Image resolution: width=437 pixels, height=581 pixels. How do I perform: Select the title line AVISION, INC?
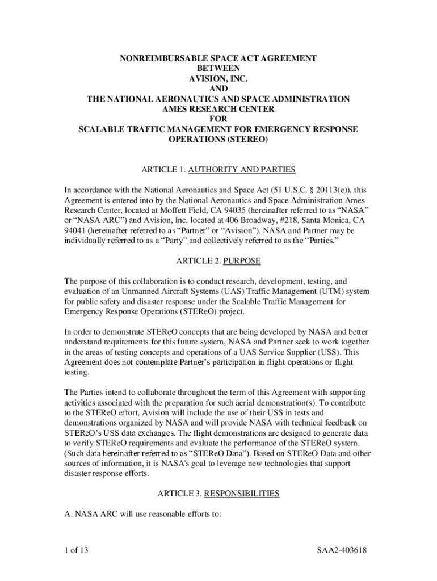[x=218, y=78]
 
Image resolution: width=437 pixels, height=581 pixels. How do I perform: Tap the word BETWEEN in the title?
[x=218, y=68]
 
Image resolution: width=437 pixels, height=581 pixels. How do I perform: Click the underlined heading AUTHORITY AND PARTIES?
[x=242, y=170]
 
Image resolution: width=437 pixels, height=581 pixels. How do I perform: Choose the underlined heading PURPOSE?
[x=242, y=261]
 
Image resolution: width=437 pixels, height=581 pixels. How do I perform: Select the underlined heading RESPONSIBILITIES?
[x=242, y=494]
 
